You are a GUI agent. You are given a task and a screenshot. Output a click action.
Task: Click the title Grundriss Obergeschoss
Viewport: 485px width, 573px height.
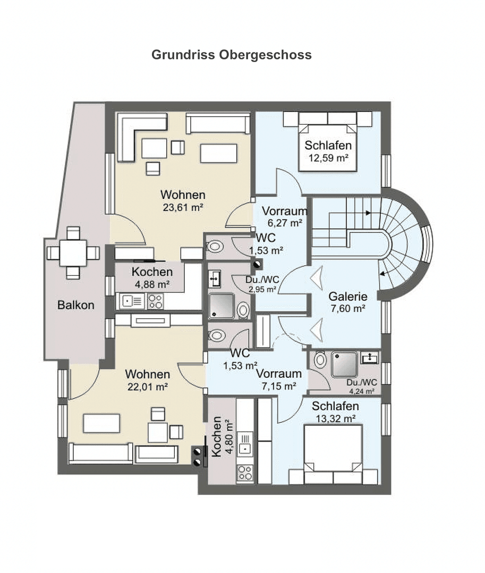point(232,55)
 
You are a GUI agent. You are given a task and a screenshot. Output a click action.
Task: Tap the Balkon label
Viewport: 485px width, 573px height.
point(75,305)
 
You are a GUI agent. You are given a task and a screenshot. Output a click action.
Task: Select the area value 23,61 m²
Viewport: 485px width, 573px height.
point(183,208)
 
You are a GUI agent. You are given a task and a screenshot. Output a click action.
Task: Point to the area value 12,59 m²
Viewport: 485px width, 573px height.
point(328,158)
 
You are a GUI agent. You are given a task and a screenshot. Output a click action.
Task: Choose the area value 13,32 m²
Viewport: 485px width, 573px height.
point(335,419)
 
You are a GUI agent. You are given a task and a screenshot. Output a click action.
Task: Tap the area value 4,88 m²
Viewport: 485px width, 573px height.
point(151,284)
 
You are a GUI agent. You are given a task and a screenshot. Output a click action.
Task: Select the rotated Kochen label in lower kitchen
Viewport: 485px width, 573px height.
point(217,438)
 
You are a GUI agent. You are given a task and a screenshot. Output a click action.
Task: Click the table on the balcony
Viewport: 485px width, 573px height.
point(73,253)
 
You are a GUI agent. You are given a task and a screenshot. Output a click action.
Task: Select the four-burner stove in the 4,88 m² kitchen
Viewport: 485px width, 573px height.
point(155,301)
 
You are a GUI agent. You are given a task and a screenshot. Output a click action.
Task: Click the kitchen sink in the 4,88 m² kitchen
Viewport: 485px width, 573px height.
point(130,301)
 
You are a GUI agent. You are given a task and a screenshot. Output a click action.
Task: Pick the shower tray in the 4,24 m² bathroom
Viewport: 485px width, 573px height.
point(344,364)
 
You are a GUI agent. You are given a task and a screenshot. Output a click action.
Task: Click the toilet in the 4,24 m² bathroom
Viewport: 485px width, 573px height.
point(320,360)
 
